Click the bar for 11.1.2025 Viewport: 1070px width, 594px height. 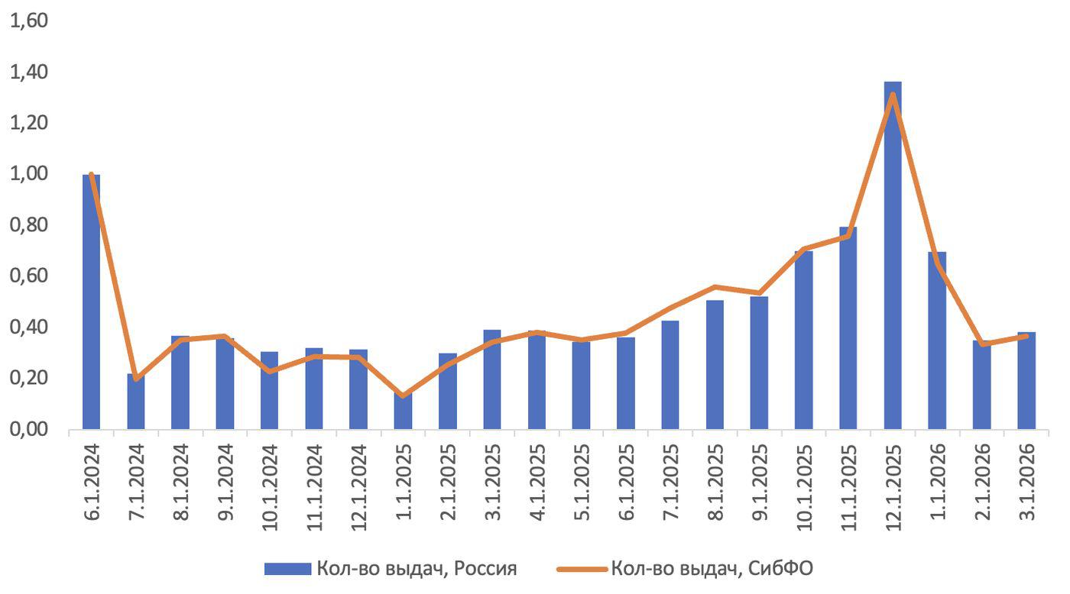pos(848,328)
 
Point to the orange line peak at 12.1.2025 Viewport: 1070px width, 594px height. pos(892,95)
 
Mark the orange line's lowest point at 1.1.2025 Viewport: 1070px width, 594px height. pos(403,395)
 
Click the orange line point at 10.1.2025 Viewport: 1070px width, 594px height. pos(803,249)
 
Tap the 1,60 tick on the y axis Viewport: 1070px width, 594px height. pos(27,21)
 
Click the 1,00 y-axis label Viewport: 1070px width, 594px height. pos(27,174)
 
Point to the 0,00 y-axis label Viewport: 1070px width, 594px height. pos(27,429)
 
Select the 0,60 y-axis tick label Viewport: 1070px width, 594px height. pos(27,276)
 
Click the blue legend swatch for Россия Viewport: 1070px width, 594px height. pos(287,569)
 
